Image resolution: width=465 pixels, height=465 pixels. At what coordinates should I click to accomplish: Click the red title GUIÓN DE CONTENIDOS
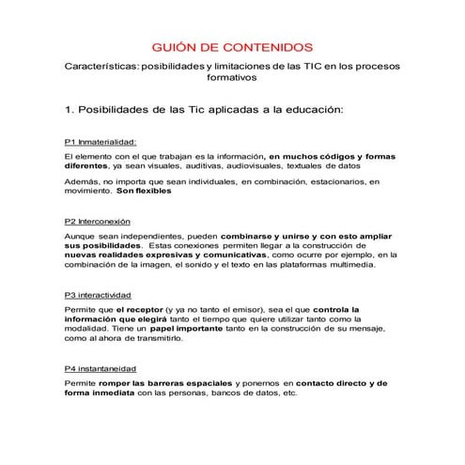[233, 48]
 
